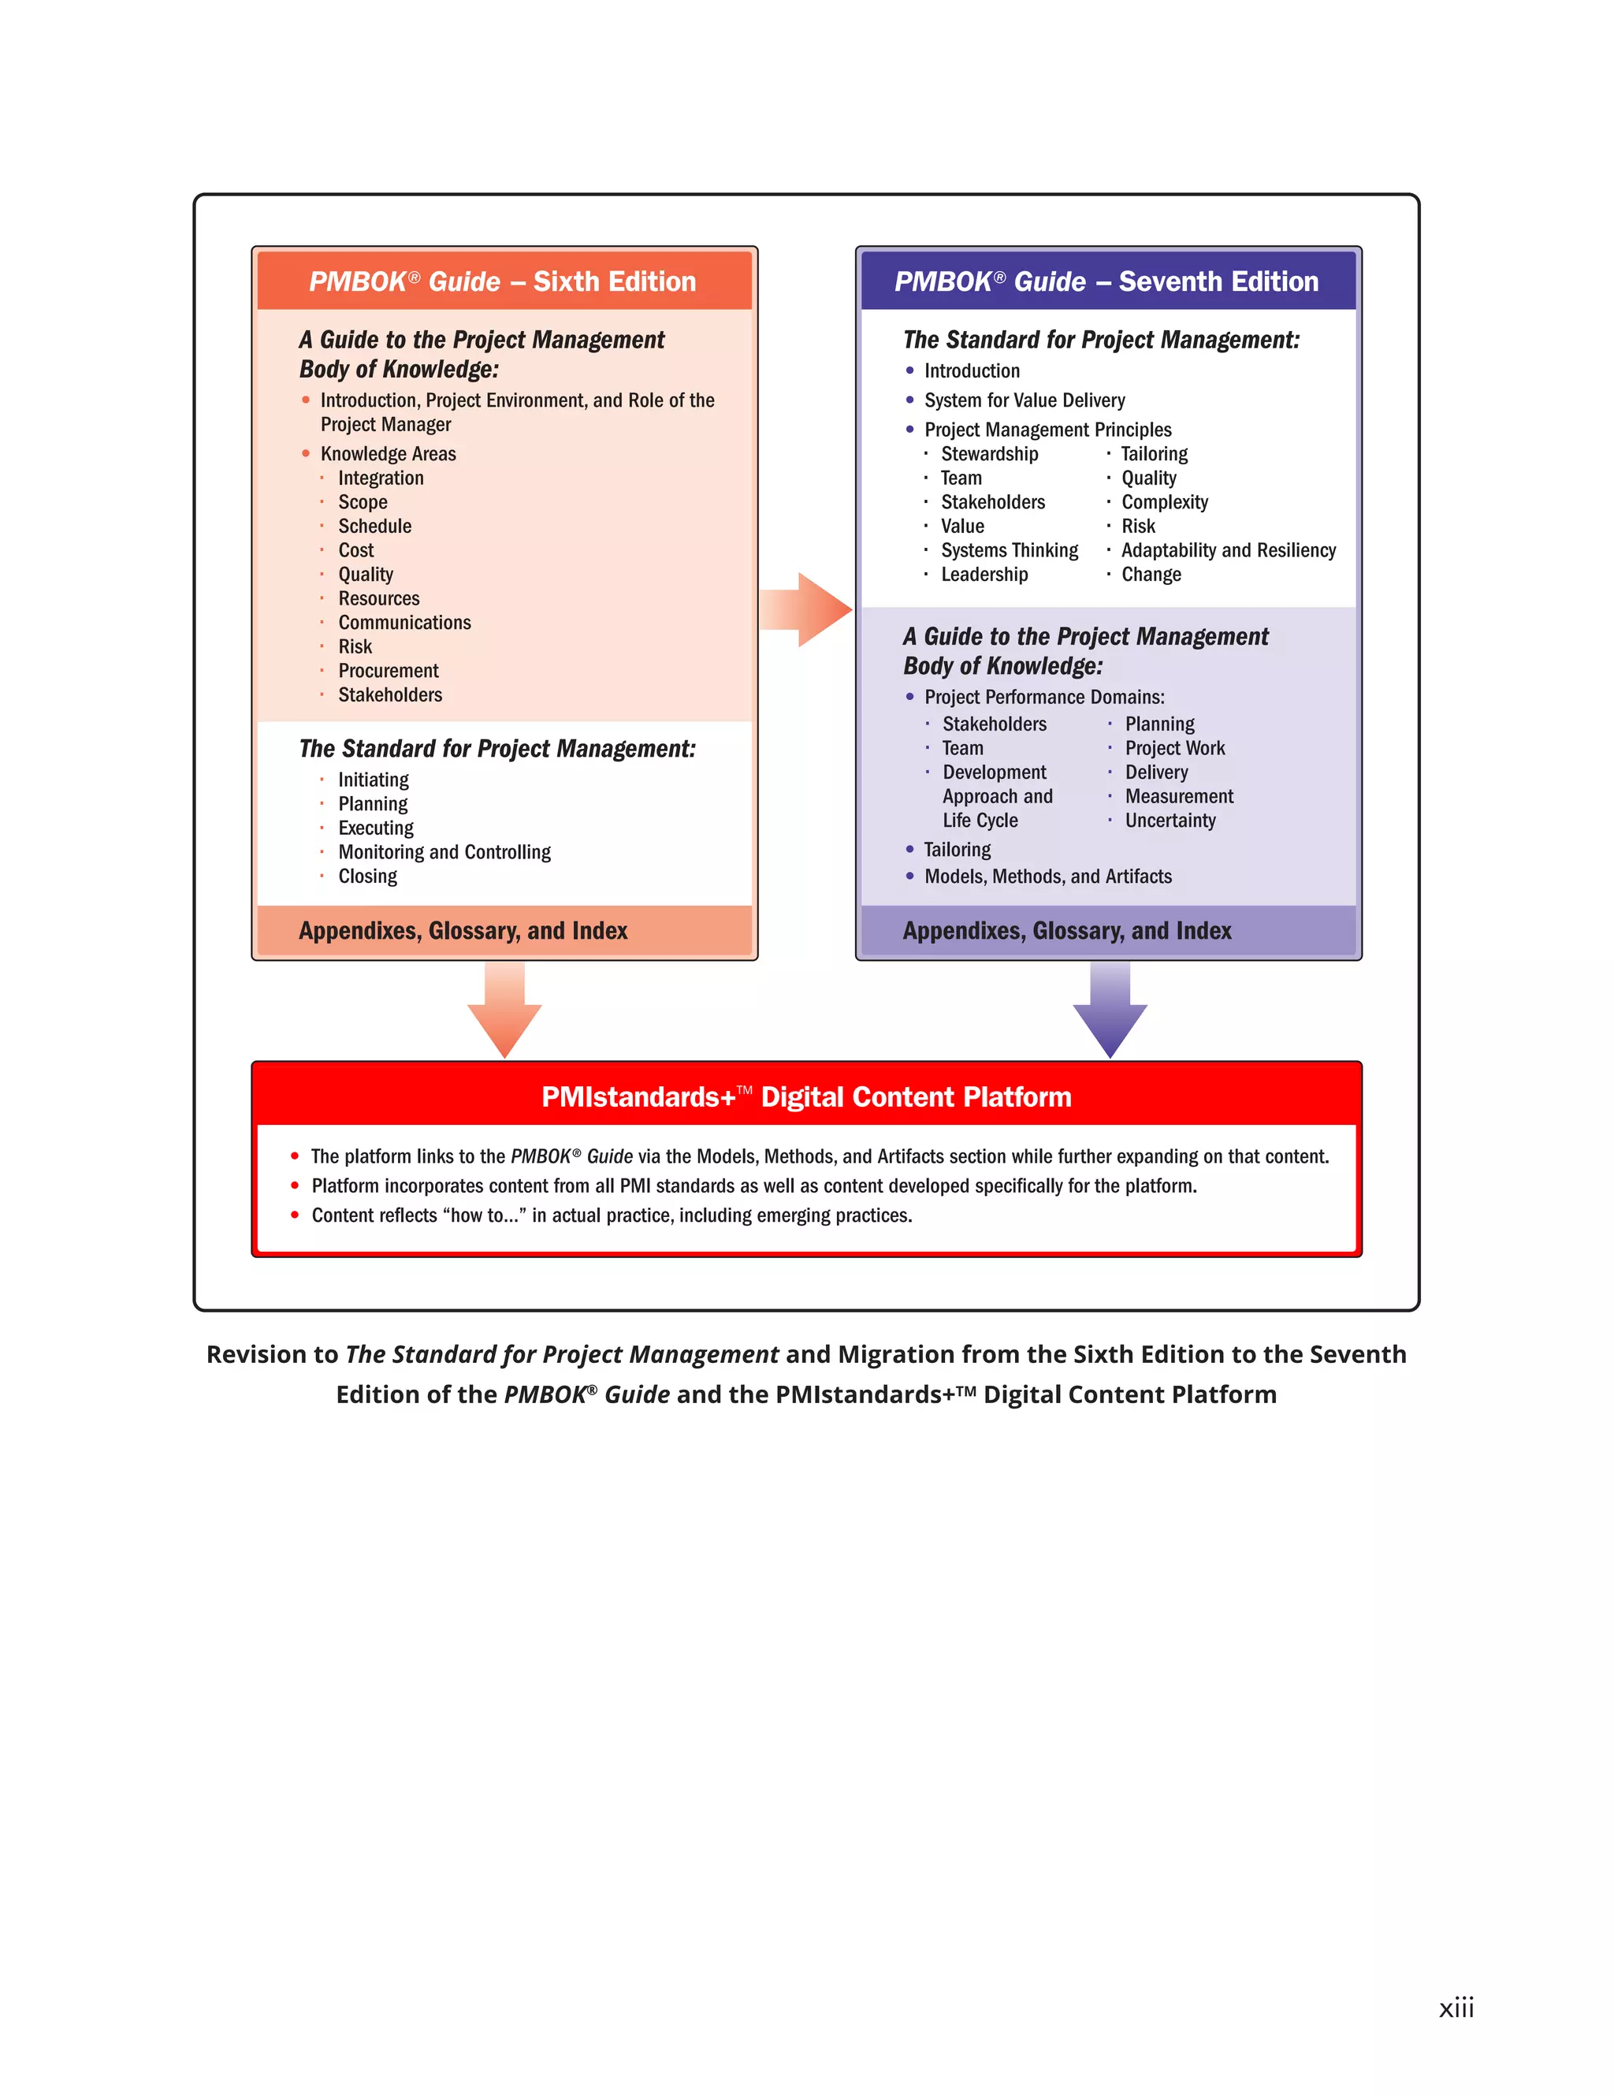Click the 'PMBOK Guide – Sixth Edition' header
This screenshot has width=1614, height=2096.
pos(503,281)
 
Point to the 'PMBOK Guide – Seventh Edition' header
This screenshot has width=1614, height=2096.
pos(1106,281)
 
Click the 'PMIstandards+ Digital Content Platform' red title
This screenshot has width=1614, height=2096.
pos(806,1097)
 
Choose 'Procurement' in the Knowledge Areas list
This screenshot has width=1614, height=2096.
pos(388,671)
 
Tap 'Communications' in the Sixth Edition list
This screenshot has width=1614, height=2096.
pos(404,623)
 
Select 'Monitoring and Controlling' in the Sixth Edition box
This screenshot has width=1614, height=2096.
pos(444,852)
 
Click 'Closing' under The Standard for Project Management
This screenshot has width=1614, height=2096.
pos(367,877)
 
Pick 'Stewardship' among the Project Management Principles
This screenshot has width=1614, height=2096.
pos(989,454)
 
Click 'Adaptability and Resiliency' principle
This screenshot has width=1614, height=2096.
pos(1229,551)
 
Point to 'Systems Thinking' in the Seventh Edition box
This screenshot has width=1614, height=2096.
pos(1010,551)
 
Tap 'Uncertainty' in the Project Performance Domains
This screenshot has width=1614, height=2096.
pos(1170,821)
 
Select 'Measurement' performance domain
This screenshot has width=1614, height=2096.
pos(1179,797)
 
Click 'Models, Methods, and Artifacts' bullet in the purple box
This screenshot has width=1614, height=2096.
pos(1048,877)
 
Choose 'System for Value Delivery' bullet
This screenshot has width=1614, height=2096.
pos(1024,400)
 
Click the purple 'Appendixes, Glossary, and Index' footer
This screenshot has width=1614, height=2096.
pos(1067,931)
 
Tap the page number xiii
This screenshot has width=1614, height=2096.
pos(1456,2008)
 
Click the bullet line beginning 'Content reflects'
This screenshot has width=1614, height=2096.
pos(612,1216)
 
